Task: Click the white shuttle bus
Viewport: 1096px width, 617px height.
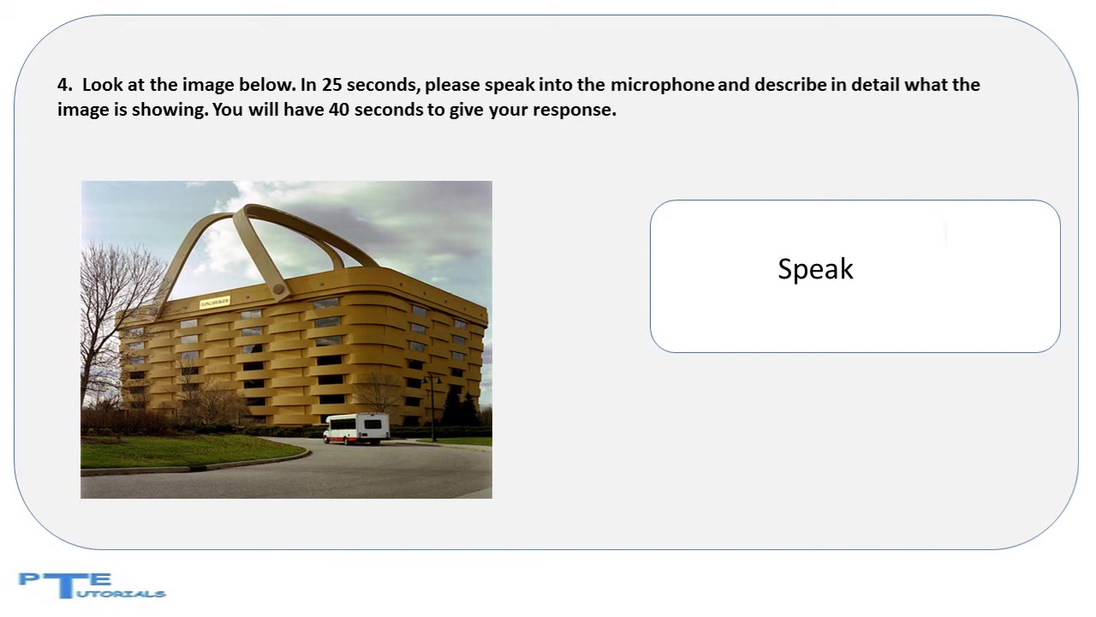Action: pos(357,428)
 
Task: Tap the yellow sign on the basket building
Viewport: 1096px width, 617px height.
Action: pos(215,303)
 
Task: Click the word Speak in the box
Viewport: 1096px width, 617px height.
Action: pos(815,269)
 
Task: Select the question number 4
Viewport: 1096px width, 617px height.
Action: pos(64,85)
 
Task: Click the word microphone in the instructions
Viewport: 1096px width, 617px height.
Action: pos(662,85)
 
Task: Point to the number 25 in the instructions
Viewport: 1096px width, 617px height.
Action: pos(331,85)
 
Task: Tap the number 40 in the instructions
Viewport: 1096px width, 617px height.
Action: pos(338,110)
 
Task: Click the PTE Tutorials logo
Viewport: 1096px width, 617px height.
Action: pos(92,585)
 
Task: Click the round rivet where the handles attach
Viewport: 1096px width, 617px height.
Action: pos(278,289)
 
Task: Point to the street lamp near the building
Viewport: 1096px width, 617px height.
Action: pos(432,408)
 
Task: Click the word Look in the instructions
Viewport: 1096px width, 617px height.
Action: pos(102,85)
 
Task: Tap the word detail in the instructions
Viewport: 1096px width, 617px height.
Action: pos(875,85)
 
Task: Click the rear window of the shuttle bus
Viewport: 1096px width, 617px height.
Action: pos(372,424)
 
